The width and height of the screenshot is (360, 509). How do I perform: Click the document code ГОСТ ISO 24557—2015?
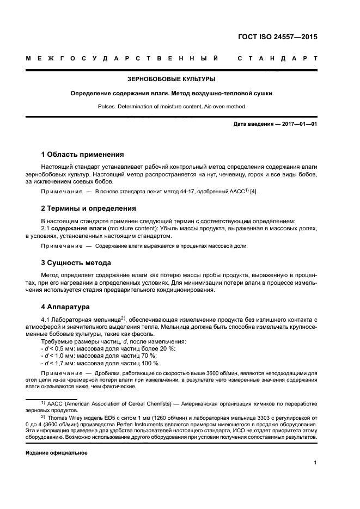tap(278, 38)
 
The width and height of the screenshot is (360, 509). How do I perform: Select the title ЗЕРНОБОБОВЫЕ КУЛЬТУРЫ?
tap(172, 79)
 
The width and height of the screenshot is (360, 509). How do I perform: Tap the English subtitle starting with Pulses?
tap(172, 107)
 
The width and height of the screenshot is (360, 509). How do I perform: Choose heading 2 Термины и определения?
tap(89, 208)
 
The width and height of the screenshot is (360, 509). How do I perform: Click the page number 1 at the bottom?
tap(315, 463)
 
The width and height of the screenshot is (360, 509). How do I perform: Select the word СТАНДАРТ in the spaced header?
tap(277, 58)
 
